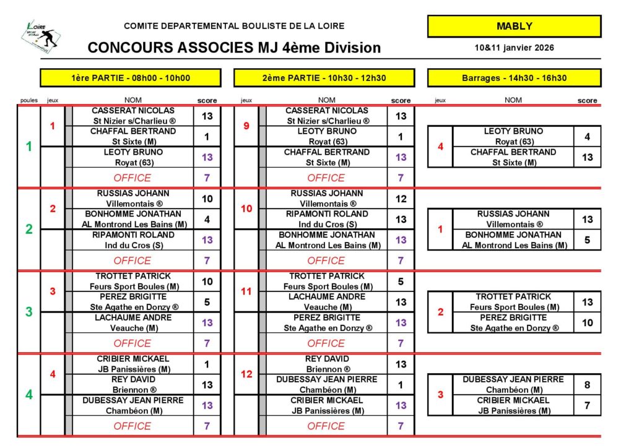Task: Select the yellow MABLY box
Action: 514,26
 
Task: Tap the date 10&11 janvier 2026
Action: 514,48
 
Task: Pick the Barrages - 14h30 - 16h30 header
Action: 514,78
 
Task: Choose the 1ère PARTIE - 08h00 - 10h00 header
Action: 131,78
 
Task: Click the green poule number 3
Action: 28,312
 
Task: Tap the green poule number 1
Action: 28,147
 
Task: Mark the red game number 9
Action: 246,126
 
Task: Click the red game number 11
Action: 246,291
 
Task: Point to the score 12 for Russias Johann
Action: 401,199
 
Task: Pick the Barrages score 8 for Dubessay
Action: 588,384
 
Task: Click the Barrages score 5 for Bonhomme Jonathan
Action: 588,240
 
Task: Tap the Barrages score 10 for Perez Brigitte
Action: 588,322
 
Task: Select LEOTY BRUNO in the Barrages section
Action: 513,131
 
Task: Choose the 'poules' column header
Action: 28,100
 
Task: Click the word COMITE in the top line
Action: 142,26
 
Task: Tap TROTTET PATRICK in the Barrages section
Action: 514,297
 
